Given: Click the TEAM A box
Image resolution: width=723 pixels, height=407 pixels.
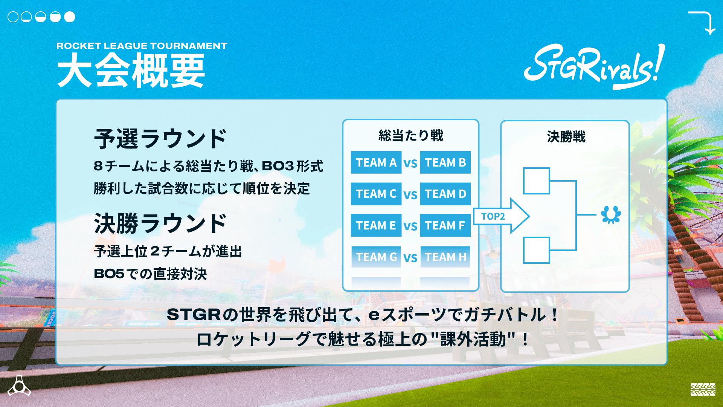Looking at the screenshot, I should (x=376, y=162).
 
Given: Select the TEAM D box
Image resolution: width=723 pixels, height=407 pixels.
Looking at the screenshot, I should (x=445, y=194).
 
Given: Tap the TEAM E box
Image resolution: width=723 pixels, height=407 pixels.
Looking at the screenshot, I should (x=376, y=225).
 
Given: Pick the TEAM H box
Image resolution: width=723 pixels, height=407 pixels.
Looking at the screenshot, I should (x=445, y=257).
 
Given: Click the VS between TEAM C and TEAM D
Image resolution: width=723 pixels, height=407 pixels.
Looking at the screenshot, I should (x=410, y=195).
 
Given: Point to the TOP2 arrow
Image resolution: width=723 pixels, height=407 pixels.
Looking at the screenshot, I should (x=501, y=216).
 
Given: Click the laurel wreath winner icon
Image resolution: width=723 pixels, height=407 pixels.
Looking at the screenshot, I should (x=610, y=215).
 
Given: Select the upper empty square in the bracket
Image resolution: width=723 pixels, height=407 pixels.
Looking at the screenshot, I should (x=536, y=181).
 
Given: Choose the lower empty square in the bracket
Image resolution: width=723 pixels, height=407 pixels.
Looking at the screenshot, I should (x=536, y=250).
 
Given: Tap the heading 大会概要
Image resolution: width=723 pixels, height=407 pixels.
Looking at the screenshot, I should (x=131, y=70).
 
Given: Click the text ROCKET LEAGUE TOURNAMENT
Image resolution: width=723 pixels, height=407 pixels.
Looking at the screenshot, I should (x=142, y=46).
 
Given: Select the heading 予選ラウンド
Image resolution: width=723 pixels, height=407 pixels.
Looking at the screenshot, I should (x=160, y=139).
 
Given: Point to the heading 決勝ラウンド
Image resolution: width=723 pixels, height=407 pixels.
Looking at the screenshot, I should (x=160, y=223).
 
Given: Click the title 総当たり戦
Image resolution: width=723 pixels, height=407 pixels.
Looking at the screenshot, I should (x=410, y=136).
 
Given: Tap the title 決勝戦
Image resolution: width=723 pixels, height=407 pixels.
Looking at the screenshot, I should (x=566, y=137).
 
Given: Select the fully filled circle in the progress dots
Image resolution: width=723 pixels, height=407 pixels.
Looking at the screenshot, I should (x=70, y=17).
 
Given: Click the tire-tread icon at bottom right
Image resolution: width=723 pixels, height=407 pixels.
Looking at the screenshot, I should (x=703, y=389).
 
